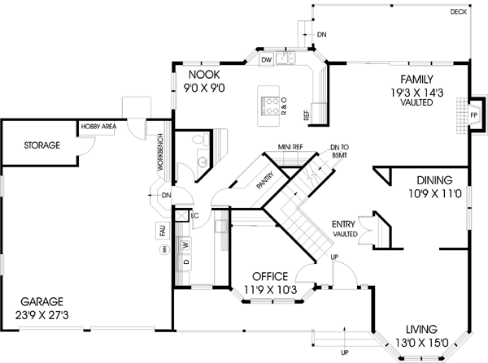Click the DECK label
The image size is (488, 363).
point(458,13)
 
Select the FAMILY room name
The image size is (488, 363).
point(415,79)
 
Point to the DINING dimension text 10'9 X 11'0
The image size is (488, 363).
point(434,195)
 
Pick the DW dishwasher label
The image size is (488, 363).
point(265,60)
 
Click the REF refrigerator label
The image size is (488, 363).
point(307,115)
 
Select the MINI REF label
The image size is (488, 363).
point(290,149)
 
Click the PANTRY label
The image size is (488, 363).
point(265,181)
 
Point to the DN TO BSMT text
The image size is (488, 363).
point(340,150)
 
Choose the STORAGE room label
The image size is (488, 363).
point(41,145)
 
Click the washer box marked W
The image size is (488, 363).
point(185,244)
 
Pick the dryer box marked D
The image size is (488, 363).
point(185,263)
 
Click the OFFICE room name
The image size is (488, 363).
point(270,276)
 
